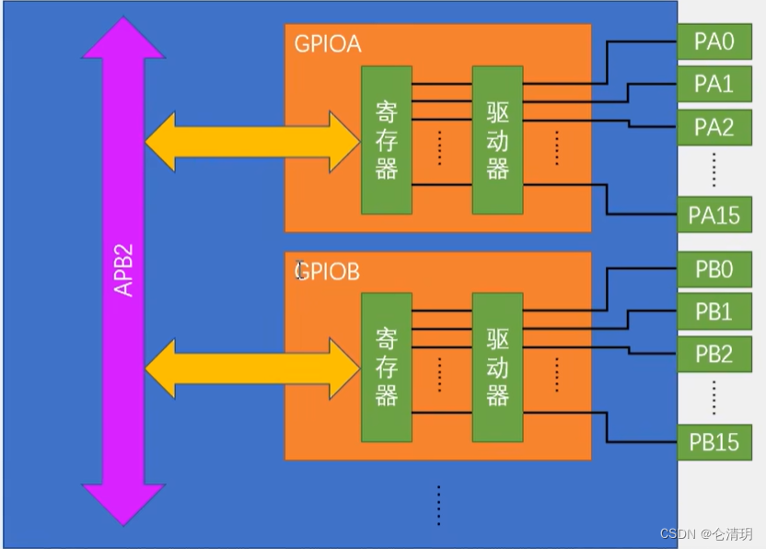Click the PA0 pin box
[x=714, y=41]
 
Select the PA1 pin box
[x=714, y=84]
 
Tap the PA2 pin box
[x=714, y=127]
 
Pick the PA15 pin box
[x=714, y=215]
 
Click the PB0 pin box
[x=714, y=270]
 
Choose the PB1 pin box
[x=714, y=312]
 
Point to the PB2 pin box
[x=714, y=354]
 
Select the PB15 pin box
[x=714, y=441]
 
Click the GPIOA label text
[x=327, y=45]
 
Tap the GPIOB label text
[x=327, y=273]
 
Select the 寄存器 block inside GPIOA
[x=387, y=140]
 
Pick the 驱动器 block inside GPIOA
[x=497, y=140]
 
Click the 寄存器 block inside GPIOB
[x=387, y=367]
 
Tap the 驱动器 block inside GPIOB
[x=497, y=367]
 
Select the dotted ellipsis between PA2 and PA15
[x=714, y=170]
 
